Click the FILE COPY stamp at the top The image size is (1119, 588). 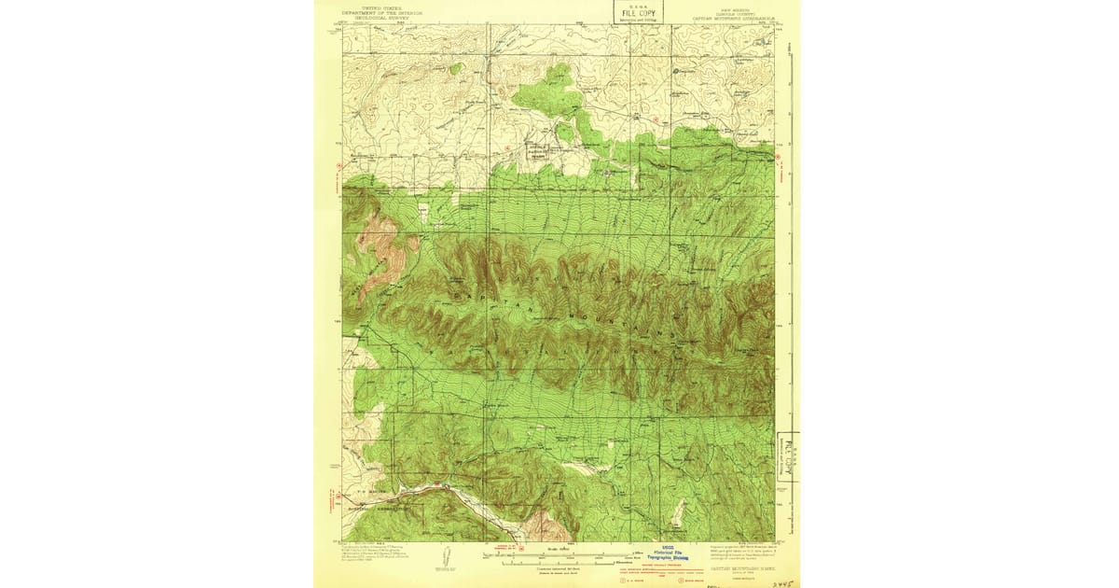[x=631, y=11]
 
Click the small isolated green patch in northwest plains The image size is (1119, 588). [x=455, y=68]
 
